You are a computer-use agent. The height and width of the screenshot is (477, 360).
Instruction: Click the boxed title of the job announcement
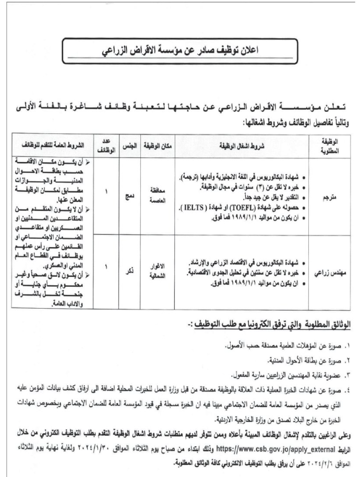[x=183, y=51]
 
